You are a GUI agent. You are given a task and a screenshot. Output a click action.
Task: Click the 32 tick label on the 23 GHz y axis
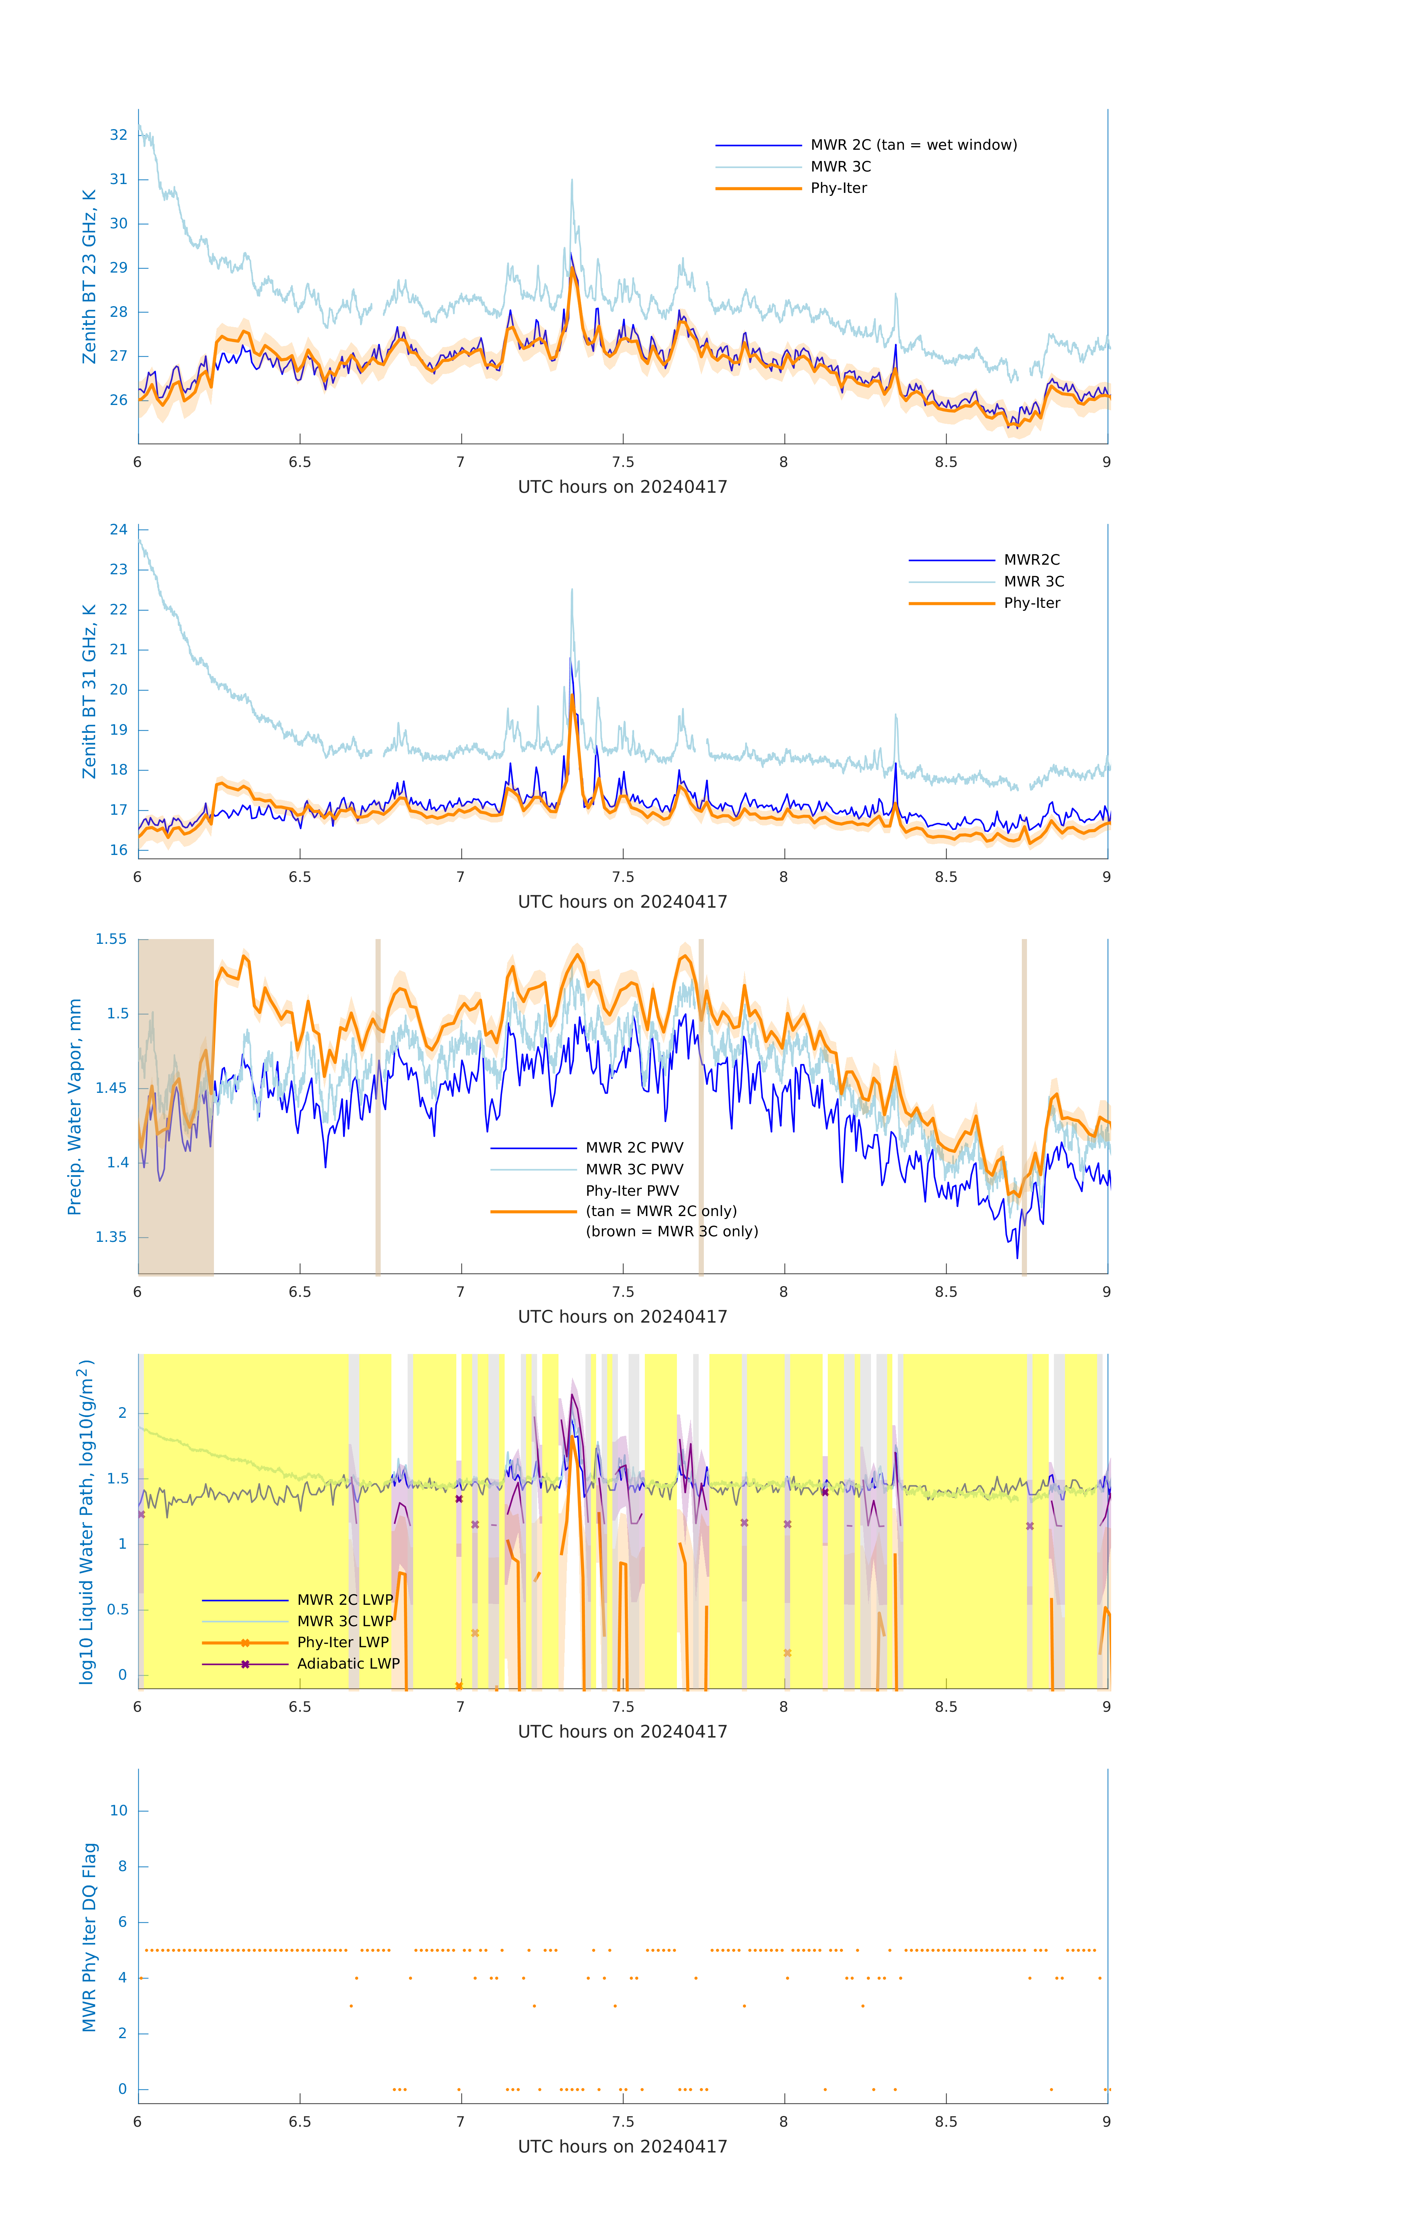118,135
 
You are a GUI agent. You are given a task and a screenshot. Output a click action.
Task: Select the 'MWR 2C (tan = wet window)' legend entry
913,145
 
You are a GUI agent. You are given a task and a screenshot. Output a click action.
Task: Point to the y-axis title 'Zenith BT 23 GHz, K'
89,277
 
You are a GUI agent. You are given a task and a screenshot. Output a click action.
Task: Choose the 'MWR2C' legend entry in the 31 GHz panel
1031,560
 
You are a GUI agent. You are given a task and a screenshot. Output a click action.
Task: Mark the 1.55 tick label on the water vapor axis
111,939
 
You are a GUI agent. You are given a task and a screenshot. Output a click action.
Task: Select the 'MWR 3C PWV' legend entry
634,1169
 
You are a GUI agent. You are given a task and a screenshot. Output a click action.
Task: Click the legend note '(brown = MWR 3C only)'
672,1232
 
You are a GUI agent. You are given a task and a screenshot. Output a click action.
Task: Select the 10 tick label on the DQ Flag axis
118,1811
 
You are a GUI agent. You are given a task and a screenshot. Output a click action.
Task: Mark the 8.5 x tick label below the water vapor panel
946,1292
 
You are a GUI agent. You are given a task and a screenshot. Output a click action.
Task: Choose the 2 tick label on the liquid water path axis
122,1413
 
